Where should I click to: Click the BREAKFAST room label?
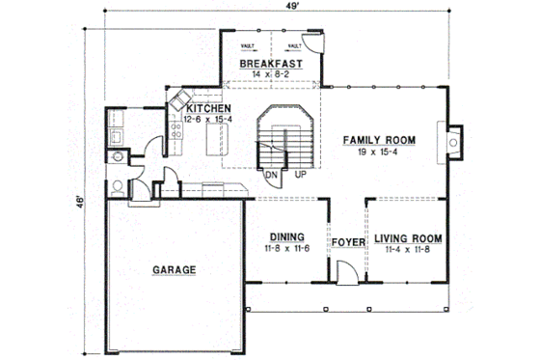(271, 64)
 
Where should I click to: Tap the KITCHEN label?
(209, 108)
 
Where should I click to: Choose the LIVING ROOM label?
(408, 236)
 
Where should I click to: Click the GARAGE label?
(174, 270)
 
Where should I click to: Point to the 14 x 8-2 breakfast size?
(271, 75)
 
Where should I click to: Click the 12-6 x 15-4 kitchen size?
(209, 120)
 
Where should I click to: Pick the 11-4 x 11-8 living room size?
(408, 249)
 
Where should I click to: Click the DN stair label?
(273, 175)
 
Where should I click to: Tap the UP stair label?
(300, 175)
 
